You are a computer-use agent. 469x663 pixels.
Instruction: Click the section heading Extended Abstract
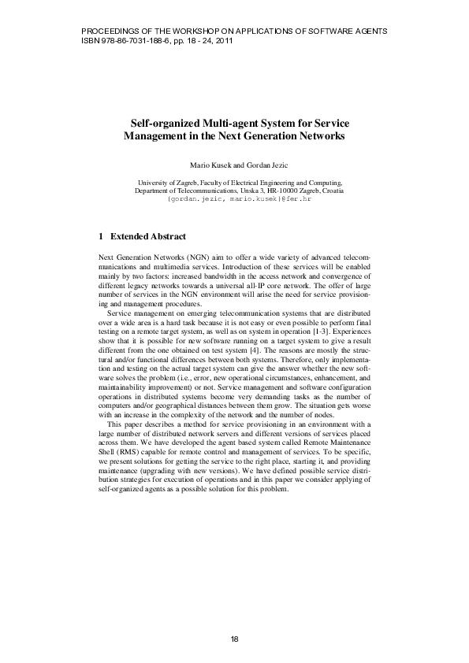[148, 235]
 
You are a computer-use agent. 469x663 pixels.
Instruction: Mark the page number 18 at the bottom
[234, 638]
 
